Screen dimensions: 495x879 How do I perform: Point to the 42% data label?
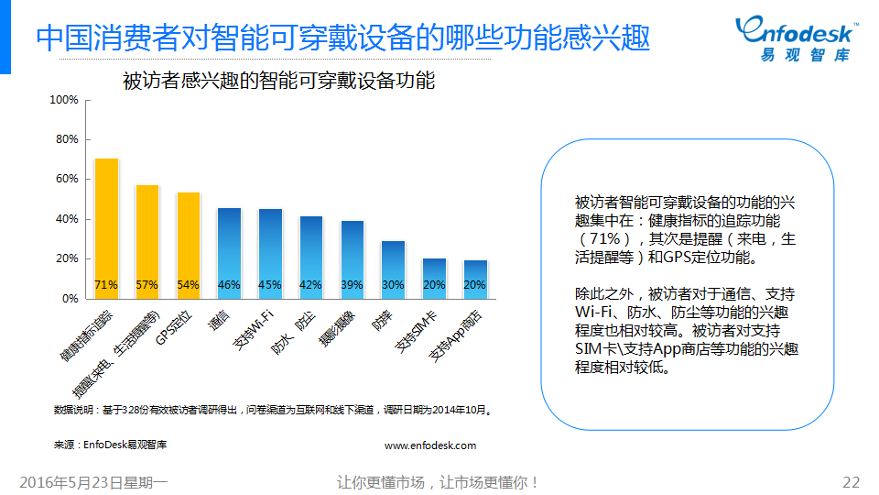[x=310, y=285]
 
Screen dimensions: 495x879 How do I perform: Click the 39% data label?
[x=352, y=285]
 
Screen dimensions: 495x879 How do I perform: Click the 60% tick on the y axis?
[x=67, y=179]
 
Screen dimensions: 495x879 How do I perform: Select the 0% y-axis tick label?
[x=70, y=299]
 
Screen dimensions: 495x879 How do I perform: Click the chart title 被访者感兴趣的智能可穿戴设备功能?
[x=278, y=81]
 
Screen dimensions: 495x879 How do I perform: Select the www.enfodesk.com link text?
[x=430, y=445]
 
